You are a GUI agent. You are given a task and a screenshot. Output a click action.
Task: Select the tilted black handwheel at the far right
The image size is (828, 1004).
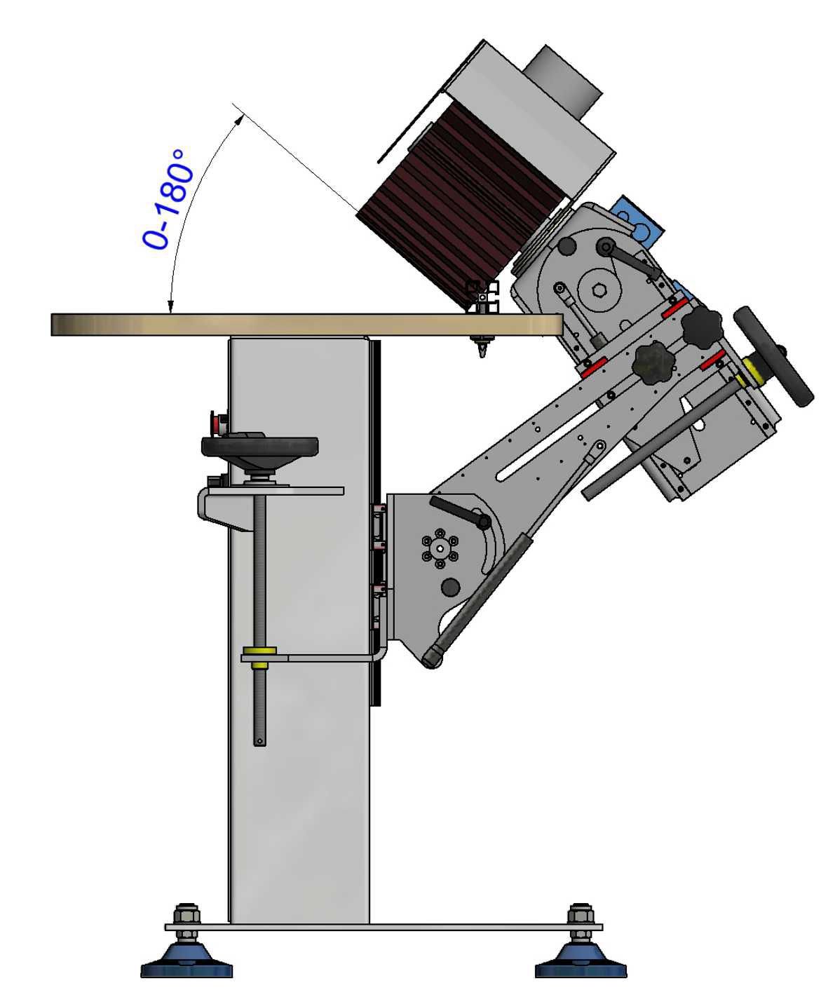tap(773, 356)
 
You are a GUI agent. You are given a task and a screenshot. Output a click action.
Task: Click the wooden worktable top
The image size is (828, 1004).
tap(306, 325)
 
